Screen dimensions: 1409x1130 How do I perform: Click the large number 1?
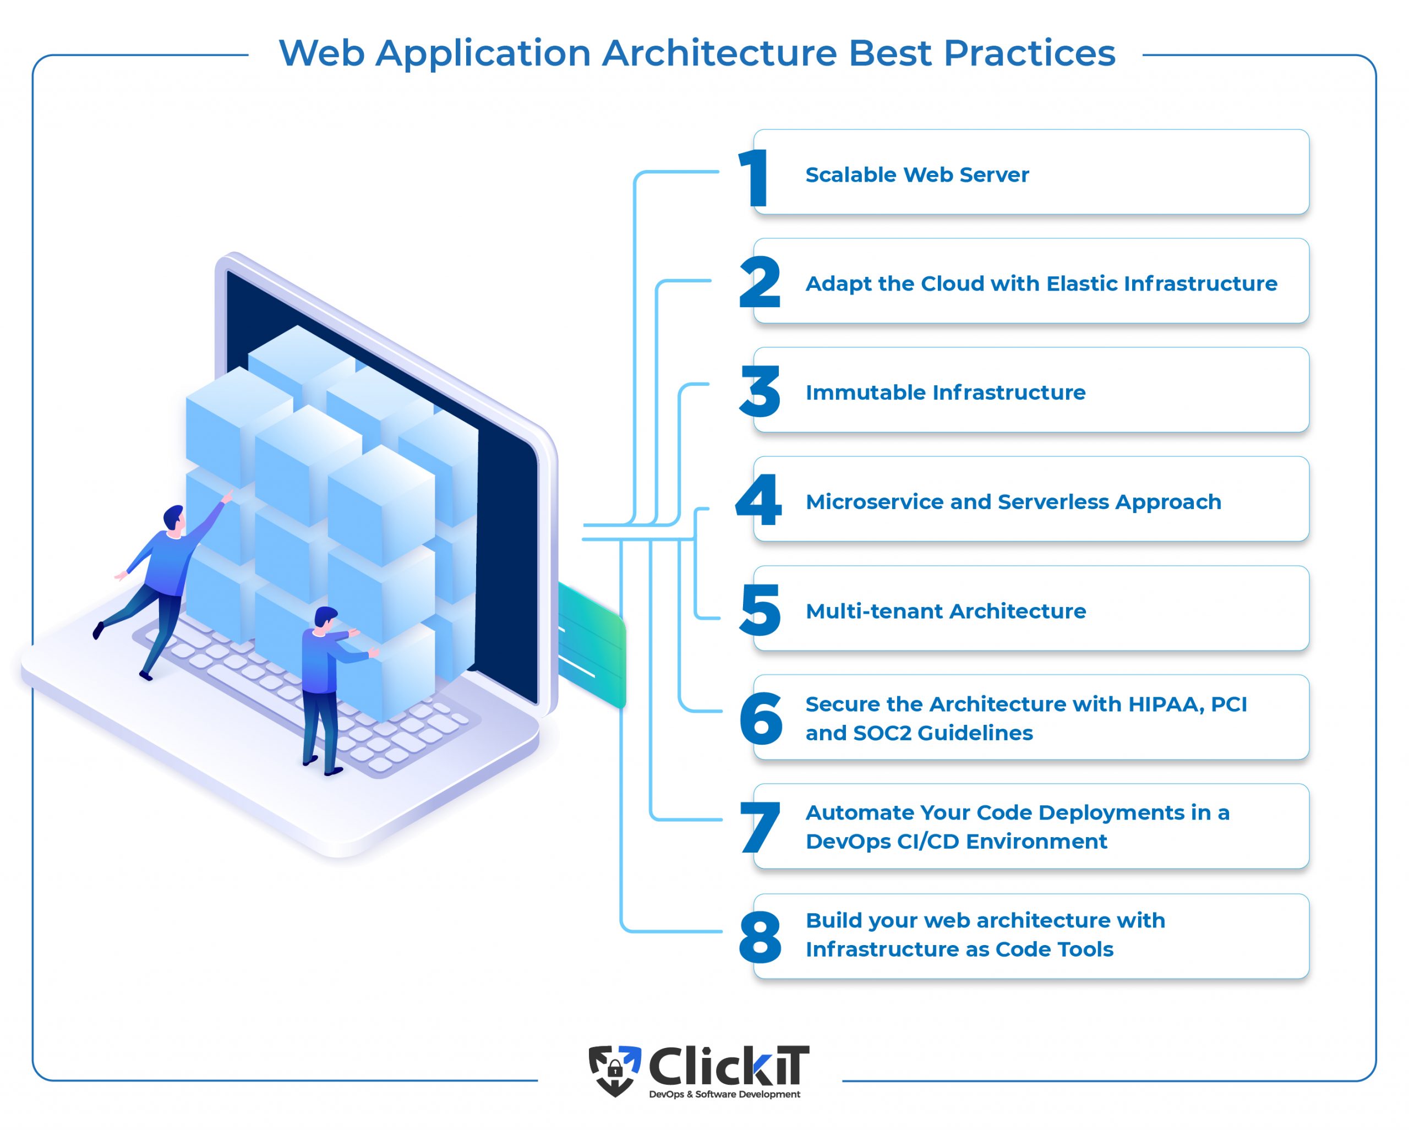pyautogui.click(x=753, y=178)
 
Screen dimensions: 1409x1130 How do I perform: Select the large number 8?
pyautogui.click(x=760, y=937)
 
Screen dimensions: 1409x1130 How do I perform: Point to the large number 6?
pyautogui.click(x=761, y=718)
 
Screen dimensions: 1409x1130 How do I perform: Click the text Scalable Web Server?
pyautogui.click(x=917, y=174)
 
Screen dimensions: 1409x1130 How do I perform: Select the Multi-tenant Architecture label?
pyautogui.click(x=946, y=611)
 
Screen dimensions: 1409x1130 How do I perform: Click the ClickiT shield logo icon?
pyautogui.click(x=615, y=1071)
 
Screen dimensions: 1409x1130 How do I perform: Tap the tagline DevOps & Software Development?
pyautogui.click(x=724, y=1094)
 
